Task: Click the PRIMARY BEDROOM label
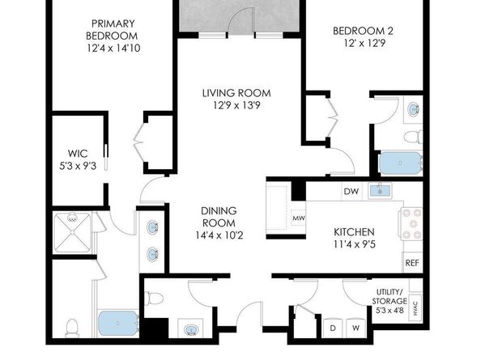point(114,29)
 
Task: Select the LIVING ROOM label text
point(236,93)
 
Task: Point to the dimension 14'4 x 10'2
point(219,236)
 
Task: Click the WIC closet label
point(78,153)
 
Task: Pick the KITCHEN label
point(355,231)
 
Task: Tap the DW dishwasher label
point(351,192)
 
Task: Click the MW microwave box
point(298,218)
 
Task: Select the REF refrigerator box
point(411,262)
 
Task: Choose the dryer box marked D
point(333,328)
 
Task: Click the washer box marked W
point(355,328)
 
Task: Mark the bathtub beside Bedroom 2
point(399,163)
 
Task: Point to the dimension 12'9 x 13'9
point(236,106)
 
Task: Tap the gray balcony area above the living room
point(239,15)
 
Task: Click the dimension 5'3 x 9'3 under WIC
point(78,167)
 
